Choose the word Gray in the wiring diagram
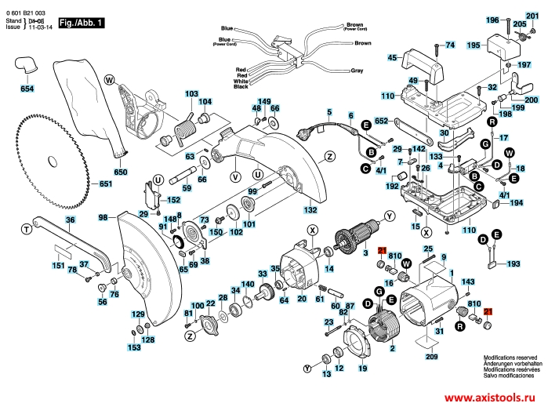[x=357, y=70]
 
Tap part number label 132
[x=310, y=211]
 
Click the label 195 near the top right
[x=473, y=46]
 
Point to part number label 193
[x=514, y=265]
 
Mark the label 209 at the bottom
[x=431, y=357]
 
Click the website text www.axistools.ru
[x=495, y=399]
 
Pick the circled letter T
[x=26, y=228]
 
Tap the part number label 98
[x=103, y=217]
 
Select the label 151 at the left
[x=58, y=266]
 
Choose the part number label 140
[x=247, y=284]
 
